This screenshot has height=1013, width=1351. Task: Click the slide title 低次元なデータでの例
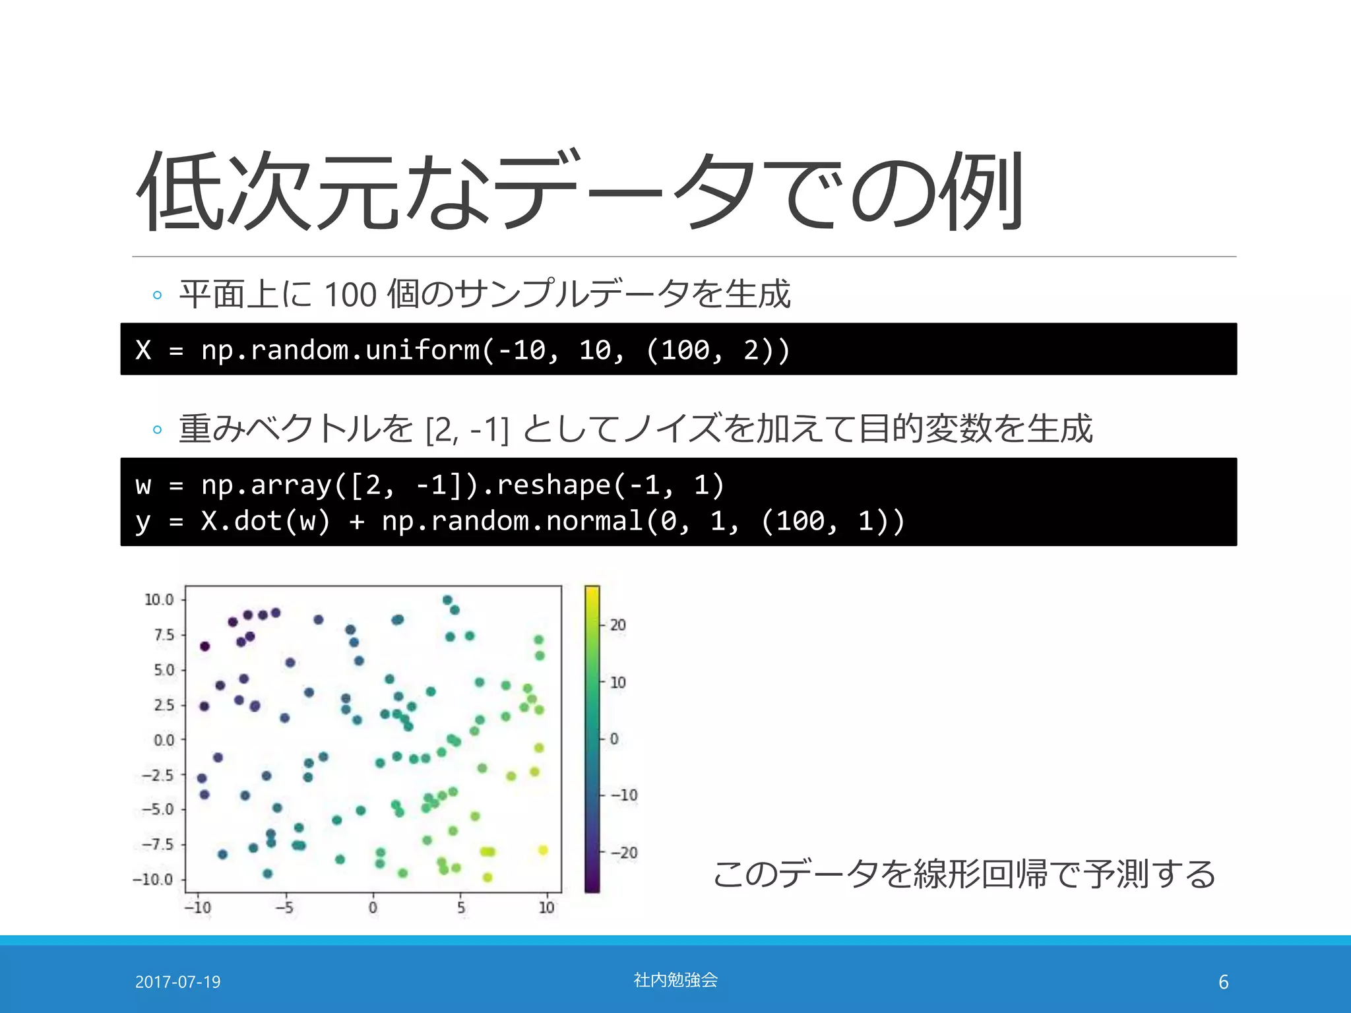[x=579, y=191]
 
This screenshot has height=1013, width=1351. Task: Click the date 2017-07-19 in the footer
[x=177, y=982]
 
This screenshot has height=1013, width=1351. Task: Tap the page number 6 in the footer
[x=1223, y=982]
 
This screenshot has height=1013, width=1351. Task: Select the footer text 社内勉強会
[x=675, y=980]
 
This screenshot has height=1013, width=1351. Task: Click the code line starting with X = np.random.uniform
[x=462, y=350]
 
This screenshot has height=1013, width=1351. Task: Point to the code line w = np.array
[x=429, y=485]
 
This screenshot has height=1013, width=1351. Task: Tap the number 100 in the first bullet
[x=350, y=295]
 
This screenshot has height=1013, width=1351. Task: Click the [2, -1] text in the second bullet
[x=467, y=430]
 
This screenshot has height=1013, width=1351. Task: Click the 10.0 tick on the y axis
[x=159, y=599]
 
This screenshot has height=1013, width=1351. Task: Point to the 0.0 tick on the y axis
[x=164, y=740]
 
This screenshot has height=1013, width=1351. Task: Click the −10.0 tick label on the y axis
[x=153, y=880]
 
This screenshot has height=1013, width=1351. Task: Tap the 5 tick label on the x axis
[x=460, y=908]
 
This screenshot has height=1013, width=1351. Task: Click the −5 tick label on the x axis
[x=284, y=908]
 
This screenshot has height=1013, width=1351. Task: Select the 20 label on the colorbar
[x=617, y=625]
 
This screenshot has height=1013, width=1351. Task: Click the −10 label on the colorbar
[x=623, y=795]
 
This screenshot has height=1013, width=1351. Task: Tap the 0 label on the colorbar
[x=614, y=739]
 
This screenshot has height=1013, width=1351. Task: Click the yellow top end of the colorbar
[x=592, y=592]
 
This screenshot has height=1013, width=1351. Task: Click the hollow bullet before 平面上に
[x=157, y=295]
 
